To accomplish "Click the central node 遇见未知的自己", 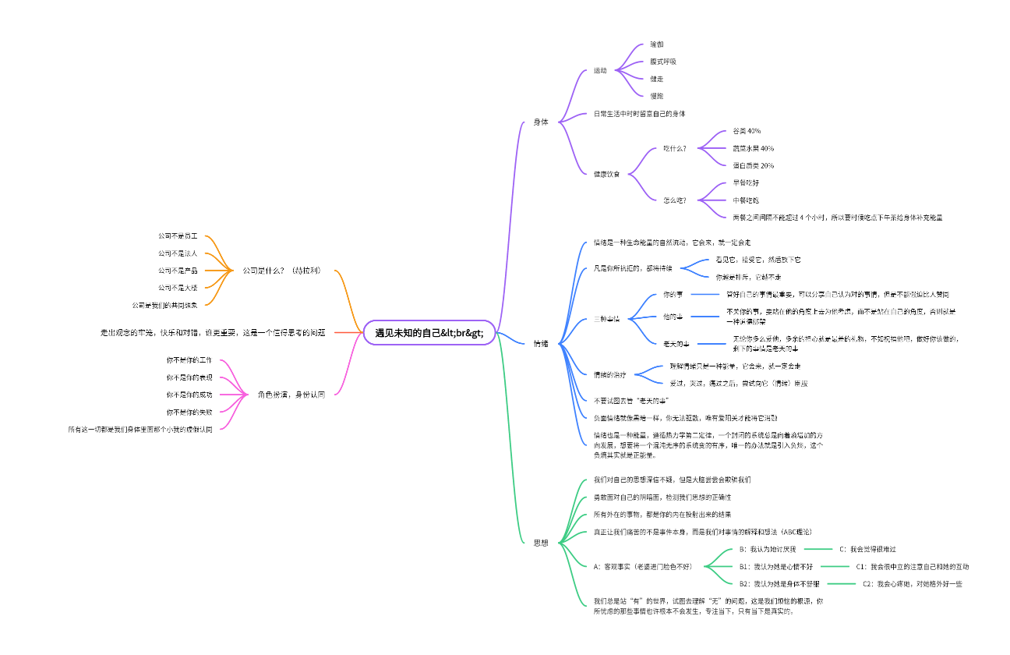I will (x=429, y=332).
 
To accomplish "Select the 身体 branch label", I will (x=540, y=122).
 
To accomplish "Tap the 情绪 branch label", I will (x=540, y=344).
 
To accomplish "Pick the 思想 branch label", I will (x=540, y=543).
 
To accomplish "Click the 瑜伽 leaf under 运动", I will (x=656, y=45).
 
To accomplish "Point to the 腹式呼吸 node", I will (x=662, y=62).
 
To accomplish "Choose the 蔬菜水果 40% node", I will (x=753, y=148).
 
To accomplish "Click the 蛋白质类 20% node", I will (x=753, y=165).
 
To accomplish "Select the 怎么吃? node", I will (x=675, y=200).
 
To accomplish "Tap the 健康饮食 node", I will (x=606, y=174).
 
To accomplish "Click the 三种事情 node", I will (x=606, y=320).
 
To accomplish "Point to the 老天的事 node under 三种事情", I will (x=673, y=343).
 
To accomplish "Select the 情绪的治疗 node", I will (x=609, y=375).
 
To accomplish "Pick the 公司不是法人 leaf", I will (x=178, y=253).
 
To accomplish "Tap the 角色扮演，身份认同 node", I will (x=291, y=395).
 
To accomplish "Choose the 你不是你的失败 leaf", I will (x=189, y=412).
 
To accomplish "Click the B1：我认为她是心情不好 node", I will (x=775, y=567).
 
